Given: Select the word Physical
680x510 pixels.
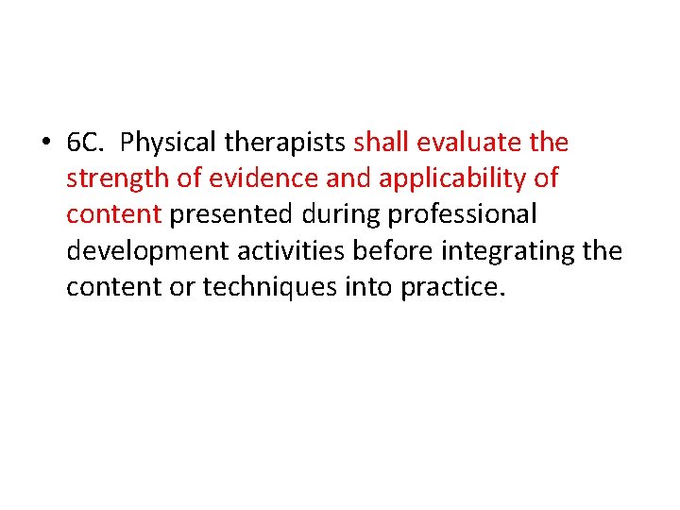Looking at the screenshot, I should coord(166,143).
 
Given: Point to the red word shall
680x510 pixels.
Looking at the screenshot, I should coord(382,143).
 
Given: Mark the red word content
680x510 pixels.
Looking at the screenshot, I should coord(113,214).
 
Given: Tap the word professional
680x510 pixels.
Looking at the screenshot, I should coord(463,214).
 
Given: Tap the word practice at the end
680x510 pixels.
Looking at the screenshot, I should coord(452,286).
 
